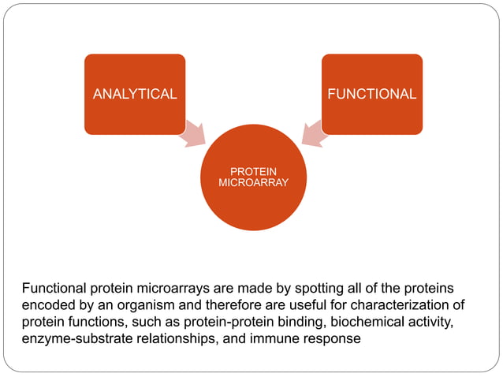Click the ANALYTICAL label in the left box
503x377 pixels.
tap(135, 94)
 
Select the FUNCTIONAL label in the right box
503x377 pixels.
tap(371, 94)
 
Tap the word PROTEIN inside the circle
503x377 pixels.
tap(252, 171)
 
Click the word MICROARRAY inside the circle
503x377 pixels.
tap(252, 182)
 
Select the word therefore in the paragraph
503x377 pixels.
tap(234, 305)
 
